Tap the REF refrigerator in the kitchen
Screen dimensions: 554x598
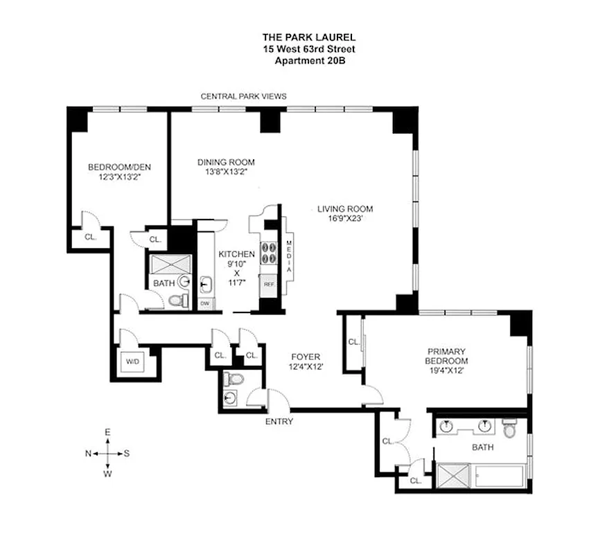coord(268,283)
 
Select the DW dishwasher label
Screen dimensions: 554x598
coord(205,303)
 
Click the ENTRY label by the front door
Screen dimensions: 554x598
coord(279,421)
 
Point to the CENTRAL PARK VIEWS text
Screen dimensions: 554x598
coord(243,97)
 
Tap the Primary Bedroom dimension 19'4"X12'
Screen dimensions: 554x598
coord(446,370)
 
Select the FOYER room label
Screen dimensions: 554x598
coord(304,357)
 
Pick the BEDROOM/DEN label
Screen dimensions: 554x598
coord(119,167)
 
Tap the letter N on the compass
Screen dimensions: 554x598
coord(88,454)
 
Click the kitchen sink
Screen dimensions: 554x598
coord(206,283)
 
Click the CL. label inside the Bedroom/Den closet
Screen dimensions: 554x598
coord(89,236)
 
